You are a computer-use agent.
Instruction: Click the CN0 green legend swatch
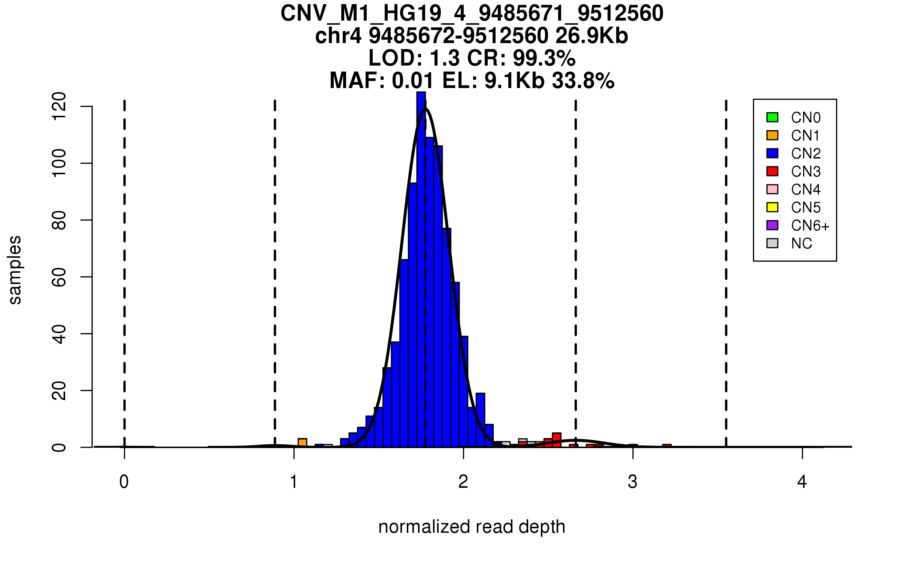(772, 117)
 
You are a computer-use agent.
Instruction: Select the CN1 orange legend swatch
(772, 135)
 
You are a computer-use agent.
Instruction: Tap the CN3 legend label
(806, 172)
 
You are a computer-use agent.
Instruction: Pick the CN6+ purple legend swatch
(772, 225)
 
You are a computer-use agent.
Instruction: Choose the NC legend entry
(801, 244)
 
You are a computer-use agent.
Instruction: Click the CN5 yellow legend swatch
(772, 207)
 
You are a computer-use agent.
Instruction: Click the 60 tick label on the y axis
(59, 277)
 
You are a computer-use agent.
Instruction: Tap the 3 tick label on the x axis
(633, 482)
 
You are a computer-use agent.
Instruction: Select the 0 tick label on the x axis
(124, 482)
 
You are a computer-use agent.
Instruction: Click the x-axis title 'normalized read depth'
(472, 527)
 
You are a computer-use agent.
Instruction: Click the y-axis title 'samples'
(15, 270)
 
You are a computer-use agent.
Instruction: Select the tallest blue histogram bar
(421, 270)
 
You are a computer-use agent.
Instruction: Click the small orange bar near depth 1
(302, 442)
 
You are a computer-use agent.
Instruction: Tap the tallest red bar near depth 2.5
(557, 440)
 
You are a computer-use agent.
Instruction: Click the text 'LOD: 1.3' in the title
(414, 58)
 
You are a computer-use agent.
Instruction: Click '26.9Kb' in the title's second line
(591, 36)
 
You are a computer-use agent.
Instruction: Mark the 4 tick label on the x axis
(802, 482)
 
